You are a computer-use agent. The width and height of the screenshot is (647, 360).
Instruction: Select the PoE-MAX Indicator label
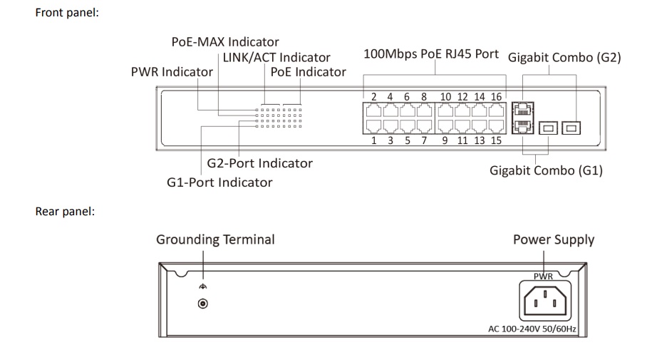click(224, 41)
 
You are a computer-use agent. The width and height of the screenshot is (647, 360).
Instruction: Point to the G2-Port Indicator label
click(259, 163)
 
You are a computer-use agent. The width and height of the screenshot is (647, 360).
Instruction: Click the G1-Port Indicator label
click(219, 182)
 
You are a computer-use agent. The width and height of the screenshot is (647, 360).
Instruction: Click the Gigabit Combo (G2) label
click(564, 58)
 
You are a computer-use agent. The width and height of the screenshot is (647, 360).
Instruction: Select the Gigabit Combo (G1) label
click(546, 171)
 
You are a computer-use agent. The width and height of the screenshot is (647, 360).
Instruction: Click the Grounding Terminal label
click(216, 240)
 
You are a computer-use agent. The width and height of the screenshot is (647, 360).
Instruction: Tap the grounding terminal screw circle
click(204, 302)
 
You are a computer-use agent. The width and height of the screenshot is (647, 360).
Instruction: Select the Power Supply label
click(553, 240)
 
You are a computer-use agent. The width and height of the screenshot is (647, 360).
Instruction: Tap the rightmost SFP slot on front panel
click(572, 128)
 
